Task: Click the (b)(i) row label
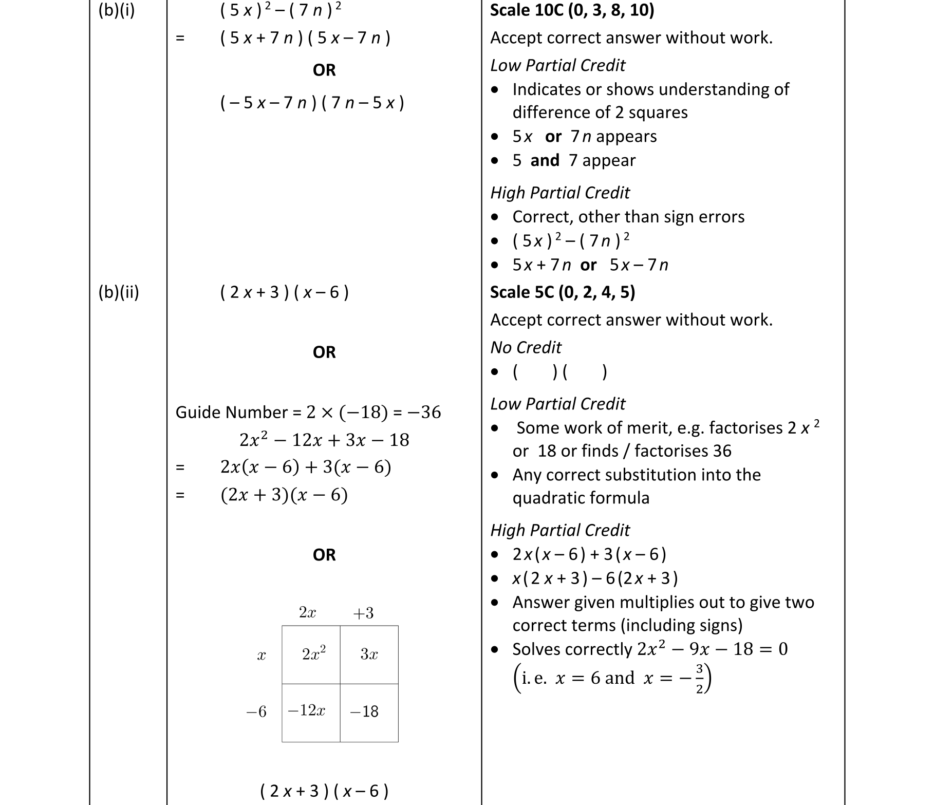click(117, 10)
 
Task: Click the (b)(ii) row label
click(119, 292)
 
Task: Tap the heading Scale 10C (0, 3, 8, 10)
click(572, 10)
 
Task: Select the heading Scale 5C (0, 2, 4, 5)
click(563, 292)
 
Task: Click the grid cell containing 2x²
click(311, 654)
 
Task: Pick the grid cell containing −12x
click(310, 712)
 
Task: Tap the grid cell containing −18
click(369, 712)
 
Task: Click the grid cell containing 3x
click(369, 654)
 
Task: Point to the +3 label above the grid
click(363, 613)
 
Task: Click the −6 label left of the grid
click(256, 712)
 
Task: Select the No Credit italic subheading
click(526, 348)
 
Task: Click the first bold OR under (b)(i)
click(324, 70)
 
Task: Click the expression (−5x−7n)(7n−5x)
click(312, 103)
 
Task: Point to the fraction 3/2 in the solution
click(699, 679)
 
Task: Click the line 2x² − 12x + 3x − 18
click(324, 440)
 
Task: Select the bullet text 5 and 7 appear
click(573, 161)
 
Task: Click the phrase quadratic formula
click(581, 498)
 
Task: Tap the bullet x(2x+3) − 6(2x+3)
click(595, 578)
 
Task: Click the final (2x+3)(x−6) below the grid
click(324, 791)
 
